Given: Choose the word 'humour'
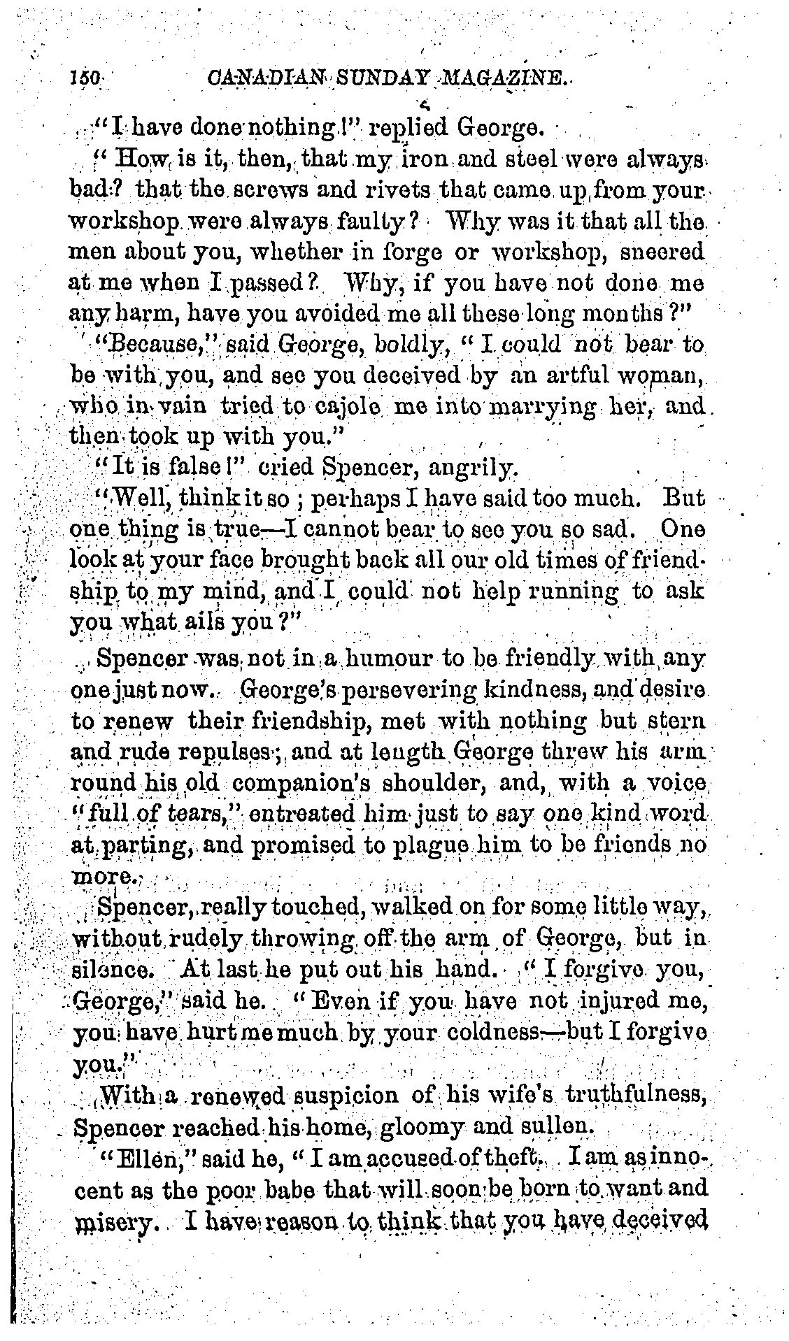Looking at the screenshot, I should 387,657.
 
